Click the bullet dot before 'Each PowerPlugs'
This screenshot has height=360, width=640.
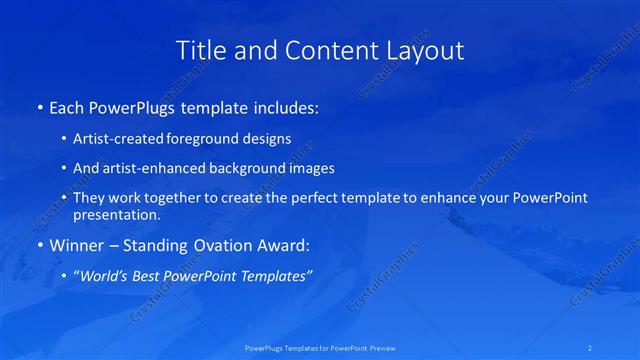point(39,106)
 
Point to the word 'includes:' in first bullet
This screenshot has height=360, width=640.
point(286,106)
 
